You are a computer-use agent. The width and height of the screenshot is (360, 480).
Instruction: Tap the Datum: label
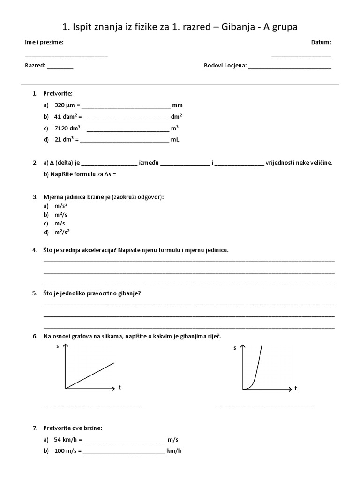[x=321, y=42]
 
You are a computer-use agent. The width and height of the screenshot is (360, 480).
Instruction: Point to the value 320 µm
[x=65, y=105]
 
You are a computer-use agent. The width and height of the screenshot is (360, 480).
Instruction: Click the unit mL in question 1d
[x=175, y=139]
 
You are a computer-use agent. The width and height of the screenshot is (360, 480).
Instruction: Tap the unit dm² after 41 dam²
[x=177, y=116]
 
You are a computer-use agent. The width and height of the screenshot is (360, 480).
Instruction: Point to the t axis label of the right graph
[x=296, y=389]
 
